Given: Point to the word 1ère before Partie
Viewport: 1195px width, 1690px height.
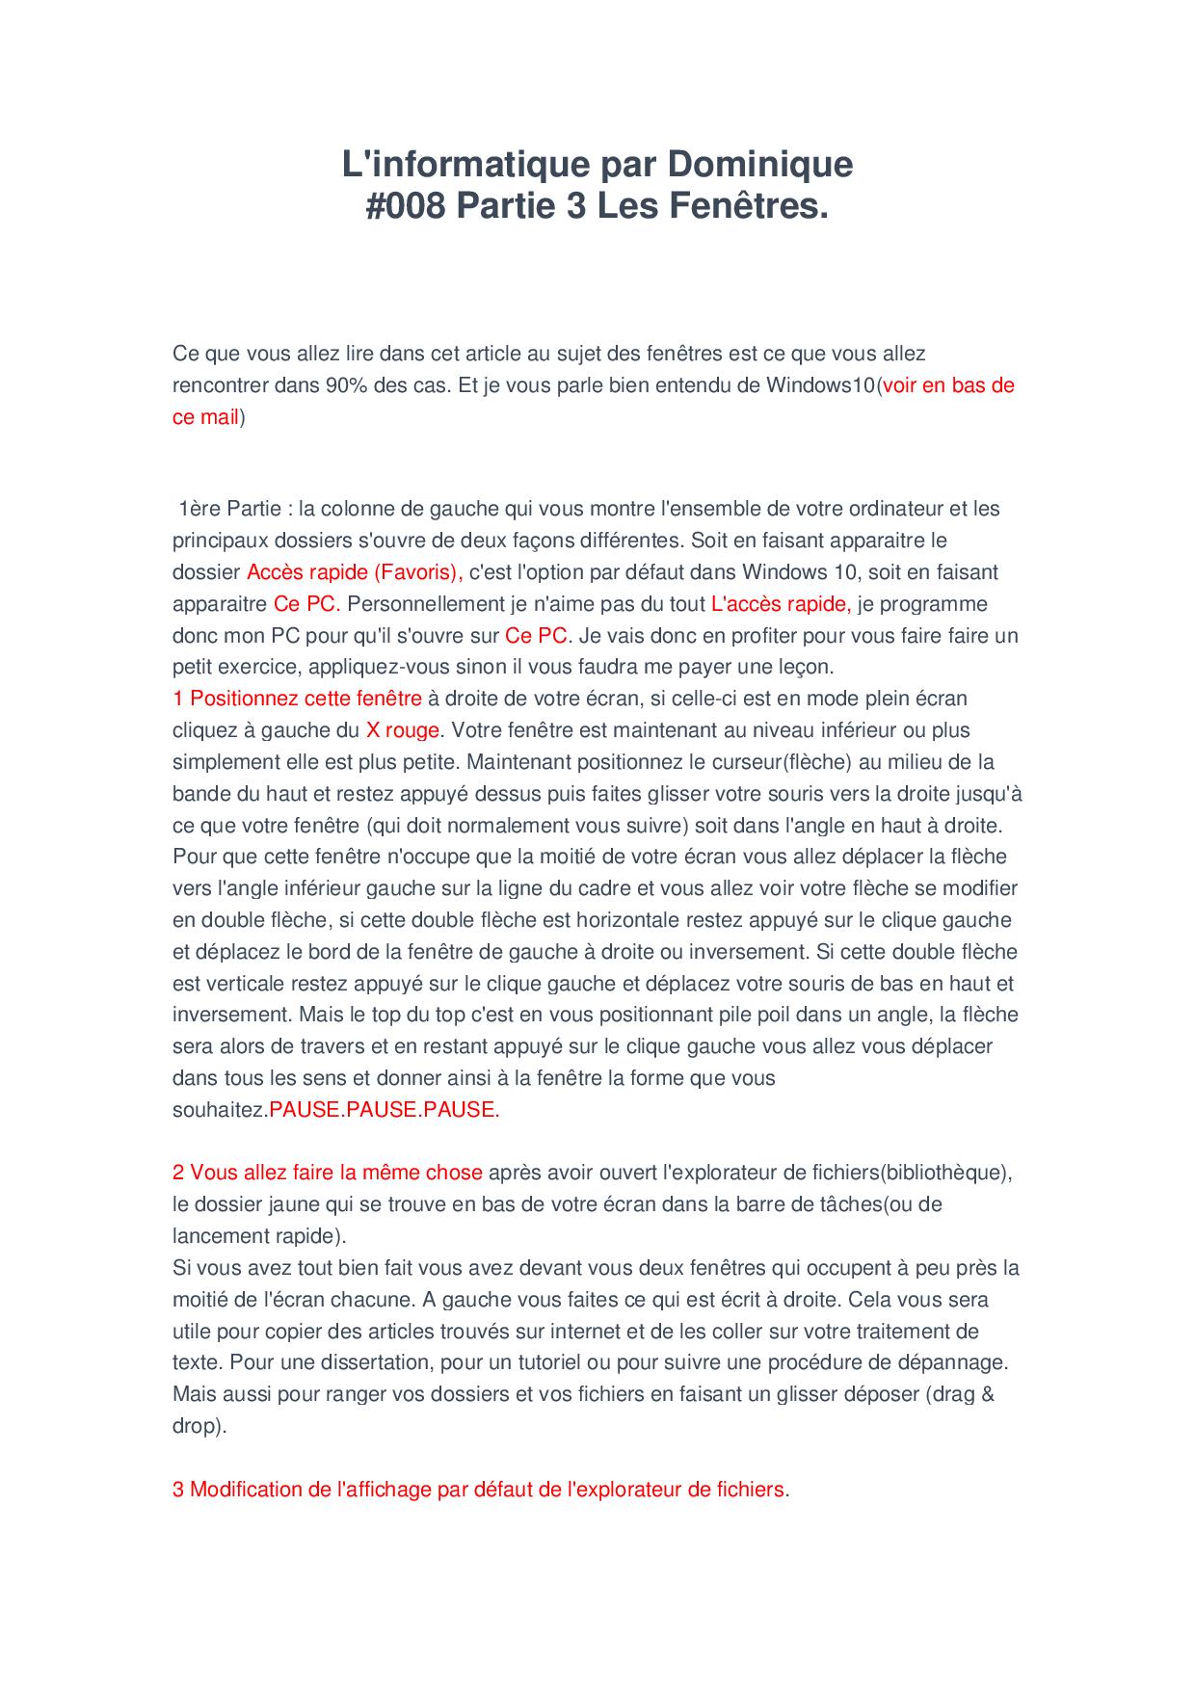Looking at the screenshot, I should [x=199, y=509].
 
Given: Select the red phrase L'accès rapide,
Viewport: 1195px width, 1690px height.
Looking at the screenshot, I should [x=781, y=604].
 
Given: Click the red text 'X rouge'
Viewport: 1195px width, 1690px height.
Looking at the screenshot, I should [x=403, y=730].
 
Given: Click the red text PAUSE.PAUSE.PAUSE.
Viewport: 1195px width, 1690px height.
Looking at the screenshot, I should [x=384, y=1110].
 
